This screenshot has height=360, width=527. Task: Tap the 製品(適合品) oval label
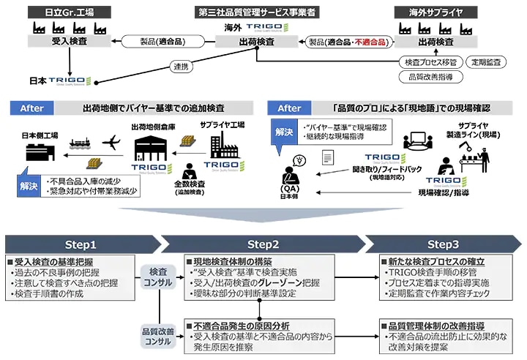[x=160, y=42]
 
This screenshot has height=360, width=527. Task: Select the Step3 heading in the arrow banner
[x=444, y=244]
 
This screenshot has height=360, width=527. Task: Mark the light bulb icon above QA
[x=298, y=160]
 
